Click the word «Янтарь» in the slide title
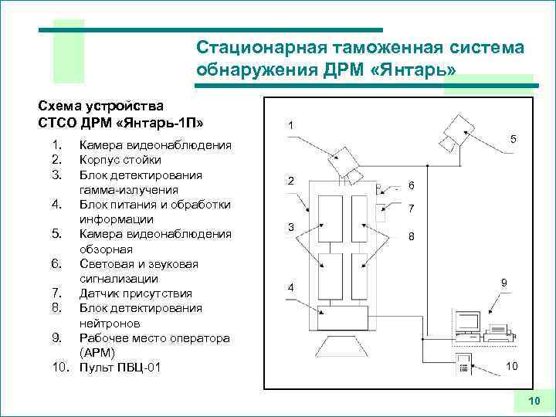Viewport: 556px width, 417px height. pyautogui.click(x=412, y=70)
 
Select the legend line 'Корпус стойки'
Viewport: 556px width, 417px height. pyautogui.click(x=120, y=160)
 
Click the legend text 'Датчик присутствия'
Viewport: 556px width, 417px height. pyautogui.click(x=134, y=293)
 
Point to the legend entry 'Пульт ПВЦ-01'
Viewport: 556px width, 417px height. pyautogui.click(x=120, y=367)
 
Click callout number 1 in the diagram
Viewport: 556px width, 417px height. pyautogui.click(x=289, y=126)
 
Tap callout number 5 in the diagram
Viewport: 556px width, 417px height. pyautogui.click(x=513, y=138)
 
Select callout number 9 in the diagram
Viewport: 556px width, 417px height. pyautogui.click(x=503, y=283)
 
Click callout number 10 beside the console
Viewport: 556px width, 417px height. pyautogui.click(x=512, y=365)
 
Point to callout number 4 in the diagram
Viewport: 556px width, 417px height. pyautogui.click(x=290, y=288)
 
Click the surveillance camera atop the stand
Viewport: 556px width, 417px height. pyautogui.click(x=341, y=162)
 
